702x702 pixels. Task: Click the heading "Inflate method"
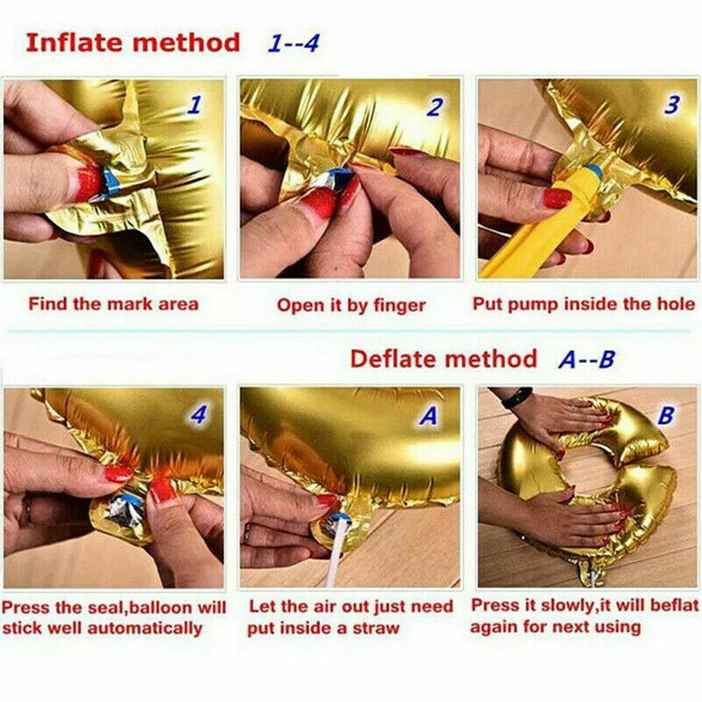coord(133,43)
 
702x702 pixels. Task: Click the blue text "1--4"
coord(293,44)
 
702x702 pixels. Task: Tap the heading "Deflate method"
coord(443,359)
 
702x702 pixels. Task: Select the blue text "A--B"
coord(586,359)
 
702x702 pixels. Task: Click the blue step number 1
coord(194,105)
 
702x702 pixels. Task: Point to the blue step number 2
coord(435,107)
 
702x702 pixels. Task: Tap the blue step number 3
coord(672,105)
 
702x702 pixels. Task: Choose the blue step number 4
coord(199,415)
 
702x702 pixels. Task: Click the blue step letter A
coord(428,416)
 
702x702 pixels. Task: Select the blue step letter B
coord(665,415)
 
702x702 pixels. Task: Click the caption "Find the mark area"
coord(113,304)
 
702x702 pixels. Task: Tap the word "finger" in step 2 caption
coord(399,306)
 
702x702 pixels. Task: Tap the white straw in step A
coord(337,550)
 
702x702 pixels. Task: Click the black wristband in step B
coord(517,397)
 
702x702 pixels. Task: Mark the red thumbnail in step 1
coord(88,183)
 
